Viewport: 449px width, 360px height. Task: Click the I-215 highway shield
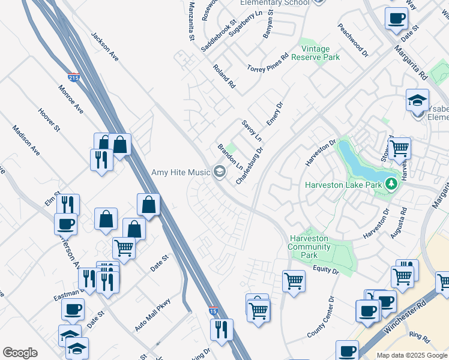[x=74, y=78]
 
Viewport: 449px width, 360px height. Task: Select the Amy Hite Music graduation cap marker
[x=219, y=172]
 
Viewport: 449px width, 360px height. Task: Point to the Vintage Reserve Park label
[x=316, y=53]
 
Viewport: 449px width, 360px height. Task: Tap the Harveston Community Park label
[x=309, y=247]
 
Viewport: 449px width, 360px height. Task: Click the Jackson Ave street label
[x=105, y=46]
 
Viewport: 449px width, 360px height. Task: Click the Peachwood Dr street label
[x=352, y=40]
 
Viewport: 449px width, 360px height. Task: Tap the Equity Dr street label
[x=326, y=271]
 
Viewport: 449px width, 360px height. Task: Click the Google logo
[x=20, y=353]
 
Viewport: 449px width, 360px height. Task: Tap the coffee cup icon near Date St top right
[x=396, y=19]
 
